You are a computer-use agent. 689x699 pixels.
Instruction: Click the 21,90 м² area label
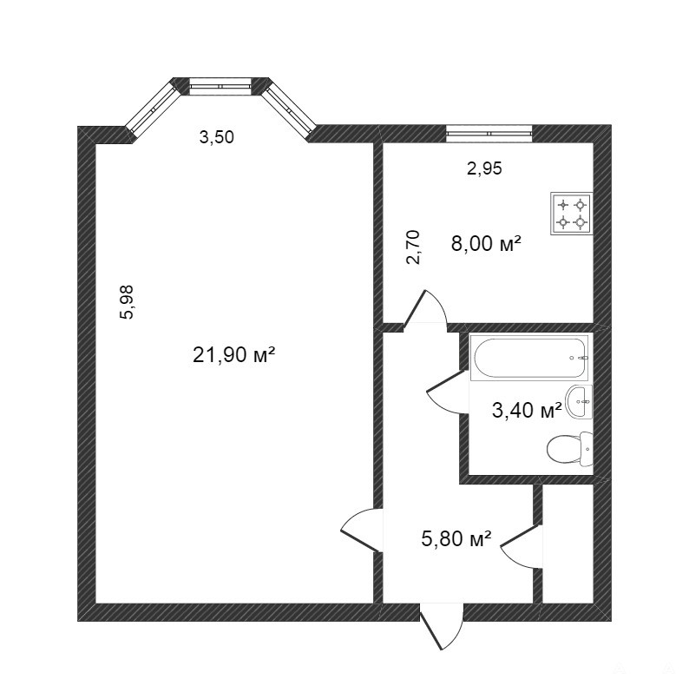(x=233, y=355)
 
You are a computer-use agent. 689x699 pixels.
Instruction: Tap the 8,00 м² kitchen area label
(x=486, y=243)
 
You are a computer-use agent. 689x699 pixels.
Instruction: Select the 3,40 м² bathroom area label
(x=527, y=410)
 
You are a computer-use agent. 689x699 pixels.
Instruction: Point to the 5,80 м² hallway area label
(x=456, y=538)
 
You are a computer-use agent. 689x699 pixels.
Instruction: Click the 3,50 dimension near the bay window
(x=216, y=137)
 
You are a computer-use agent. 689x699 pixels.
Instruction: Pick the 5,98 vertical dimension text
(x=127, y=302)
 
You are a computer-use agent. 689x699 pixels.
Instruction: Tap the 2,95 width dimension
(x=484, y=168)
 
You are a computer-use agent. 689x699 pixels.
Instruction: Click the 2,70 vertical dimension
(x=413, y=247)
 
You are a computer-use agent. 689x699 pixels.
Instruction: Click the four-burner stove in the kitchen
(x=572, y=213)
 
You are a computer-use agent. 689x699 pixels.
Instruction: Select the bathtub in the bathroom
(x=529, y=358)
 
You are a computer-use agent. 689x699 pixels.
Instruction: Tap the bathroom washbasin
(x=579, y=402)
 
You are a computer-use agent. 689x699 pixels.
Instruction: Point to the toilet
(x=570, y=448)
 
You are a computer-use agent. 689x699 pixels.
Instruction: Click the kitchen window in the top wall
(x=489, y=134)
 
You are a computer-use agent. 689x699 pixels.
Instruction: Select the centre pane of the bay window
(x=221, y=86)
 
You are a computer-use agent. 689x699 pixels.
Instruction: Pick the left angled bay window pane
(x=153, y=109)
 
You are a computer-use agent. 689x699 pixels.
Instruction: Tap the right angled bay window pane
(x=289, y=109)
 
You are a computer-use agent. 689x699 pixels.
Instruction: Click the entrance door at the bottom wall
(x=441, y=626)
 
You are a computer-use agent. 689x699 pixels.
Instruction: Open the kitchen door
(x=425, y=310)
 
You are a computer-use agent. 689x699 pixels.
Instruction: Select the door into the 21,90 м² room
(x=362, y=531)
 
